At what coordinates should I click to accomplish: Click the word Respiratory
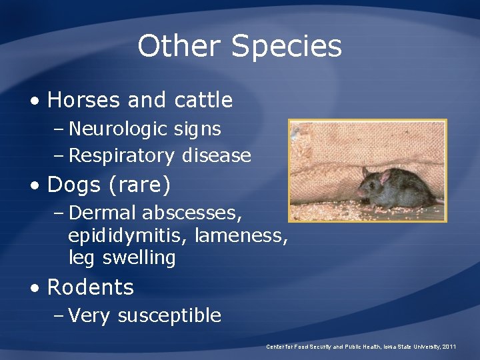pyautogui.click(x=121, y=156)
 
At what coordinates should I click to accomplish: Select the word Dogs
pyautogui.click(x=73, y=185)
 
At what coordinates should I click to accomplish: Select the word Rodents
pyautogui.click(x=91, y=287)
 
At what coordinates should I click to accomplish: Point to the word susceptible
pyautogui.click(x=169, y=315)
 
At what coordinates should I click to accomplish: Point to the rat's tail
pyautogui.click(x=439, y=200)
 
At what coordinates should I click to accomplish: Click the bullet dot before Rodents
pyautogui.click(x=34, y=288)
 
